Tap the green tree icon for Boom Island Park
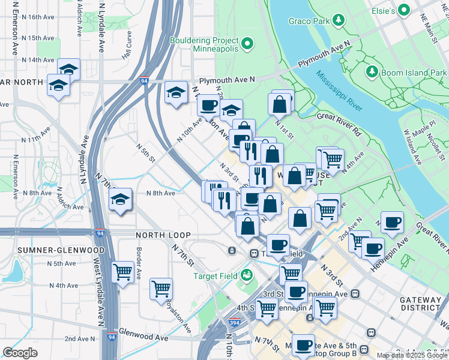(x=372, y=73)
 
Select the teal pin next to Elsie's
(x=403, y=10)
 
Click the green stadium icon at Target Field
(x=246, y=275)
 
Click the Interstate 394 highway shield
(x=235, y=323)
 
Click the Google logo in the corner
(x=20, y=353)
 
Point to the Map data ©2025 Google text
(x=412, y=355)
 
